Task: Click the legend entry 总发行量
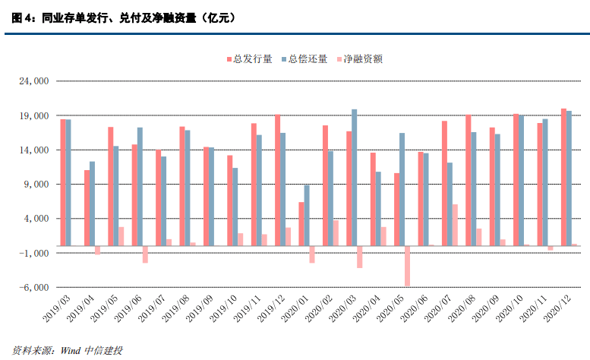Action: point(251,59)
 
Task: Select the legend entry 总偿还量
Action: point(306,59)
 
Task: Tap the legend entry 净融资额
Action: point(360,59)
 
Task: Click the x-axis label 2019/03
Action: point(55,311)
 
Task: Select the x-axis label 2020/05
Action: point(388,311)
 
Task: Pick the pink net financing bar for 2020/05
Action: point(407,266)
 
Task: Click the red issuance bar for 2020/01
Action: point(301,223)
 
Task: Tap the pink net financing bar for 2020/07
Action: point(455,225)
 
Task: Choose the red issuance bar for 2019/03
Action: point(63,182)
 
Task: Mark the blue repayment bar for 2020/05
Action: point(402,189)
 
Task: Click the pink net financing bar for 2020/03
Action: point(359,257)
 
